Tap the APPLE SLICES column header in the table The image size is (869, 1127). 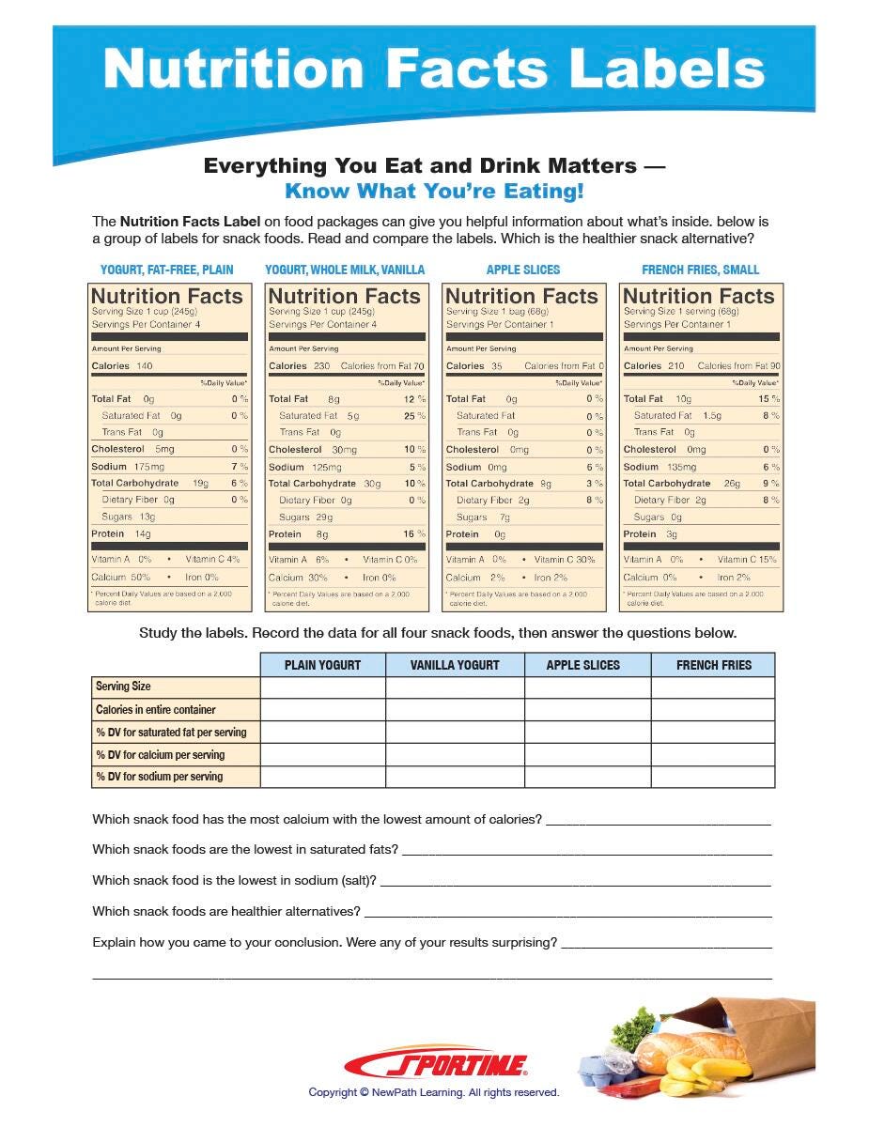click(583, 665)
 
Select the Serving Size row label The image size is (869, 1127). click(124, 687)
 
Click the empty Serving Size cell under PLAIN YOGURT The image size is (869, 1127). click(322, 687)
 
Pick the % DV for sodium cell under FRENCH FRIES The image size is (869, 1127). click(713, 777)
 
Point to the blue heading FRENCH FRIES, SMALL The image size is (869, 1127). click(701, 270)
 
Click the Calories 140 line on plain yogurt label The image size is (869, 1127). click(122, 365)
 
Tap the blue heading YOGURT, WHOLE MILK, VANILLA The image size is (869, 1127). click(345, 270)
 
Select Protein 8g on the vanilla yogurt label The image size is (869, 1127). click(299, 534)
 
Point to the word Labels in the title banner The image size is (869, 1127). click(668, 69)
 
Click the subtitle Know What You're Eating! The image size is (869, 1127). click(434, 192)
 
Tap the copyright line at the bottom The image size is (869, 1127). click(434, 1092)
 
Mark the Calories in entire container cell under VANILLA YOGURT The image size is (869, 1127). click(455, 710)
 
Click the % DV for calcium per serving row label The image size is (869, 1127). click(161, 754)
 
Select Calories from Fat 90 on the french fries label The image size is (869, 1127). click(738, 365)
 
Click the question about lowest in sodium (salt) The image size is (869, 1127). click(235, 880)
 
